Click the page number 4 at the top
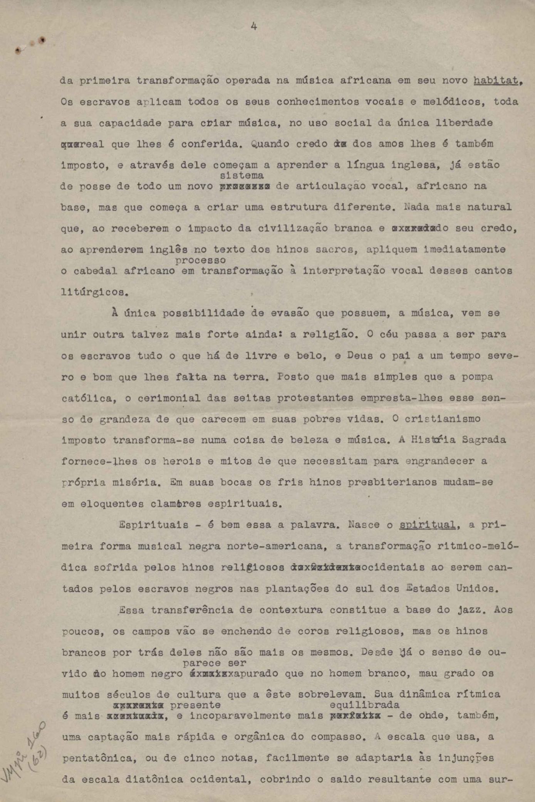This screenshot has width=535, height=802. (x=254, y=27)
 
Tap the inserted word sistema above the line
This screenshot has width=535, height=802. (x=242, y=176)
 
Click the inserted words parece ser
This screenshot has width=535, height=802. (x=214, y=663)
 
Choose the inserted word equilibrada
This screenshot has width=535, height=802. (x=364, y=705)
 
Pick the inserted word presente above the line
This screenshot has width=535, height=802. (x=195, y=705)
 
